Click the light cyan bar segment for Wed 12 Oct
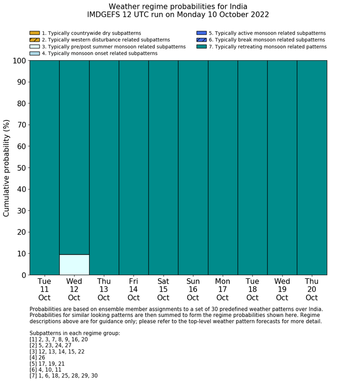pyautogui.click(x=74, y=264)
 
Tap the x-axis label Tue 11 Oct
pyautogui.click(x=44, y=289)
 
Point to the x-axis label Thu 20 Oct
pyautogui.click(x=312, y=289)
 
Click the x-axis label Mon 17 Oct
pyautogui.click(x=223, y=289)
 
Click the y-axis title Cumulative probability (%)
pyautogui.click(x=7, y=168)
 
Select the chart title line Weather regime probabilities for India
pyautogui.click(x=178, y=6)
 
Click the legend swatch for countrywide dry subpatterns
pyautogui.click(x=34, y=33)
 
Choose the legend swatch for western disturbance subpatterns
pyautogui.click(x=34, y=40)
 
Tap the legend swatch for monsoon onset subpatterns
pyautogui.click(x=34, y=53)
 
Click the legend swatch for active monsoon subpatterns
pyautogui.click(x=201, y=33)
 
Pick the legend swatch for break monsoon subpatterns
pyautogui.click(x=201, y=40)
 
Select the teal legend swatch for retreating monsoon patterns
pyautogui.click(x=201, y=46)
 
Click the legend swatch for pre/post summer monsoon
pyautogui.click(x=34, y=46)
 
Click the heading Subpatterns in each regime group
pyautogui.click(x=75, y=333)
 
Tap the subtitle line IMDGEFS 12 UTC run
pyautogui.click(x=178, y=15)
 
